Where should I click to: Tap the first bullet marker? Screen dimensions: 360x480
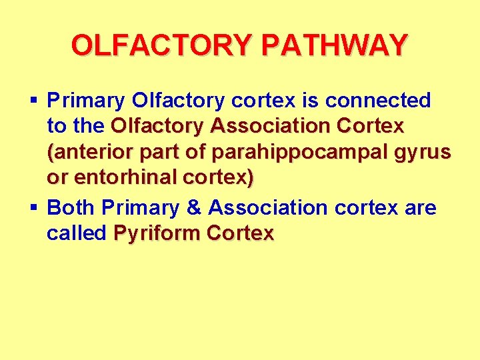click(34, 101)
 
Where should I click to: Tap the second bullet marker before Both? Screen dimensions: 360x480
click(34, 207)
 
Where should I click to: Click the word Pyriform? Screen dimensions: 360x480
click(157, 233)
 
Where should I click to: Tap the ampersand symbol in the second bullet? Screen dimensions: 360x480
click(193, 207)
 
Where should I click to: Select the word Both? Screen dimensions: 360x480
click(72, 207)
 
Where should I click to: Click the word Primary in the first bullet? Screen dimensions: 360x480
click(86, 101)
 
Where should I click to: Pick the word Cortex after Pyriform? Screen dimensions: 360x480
click(241, 233)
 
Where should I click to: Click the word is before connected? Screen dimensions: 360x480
click(313, 101)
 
